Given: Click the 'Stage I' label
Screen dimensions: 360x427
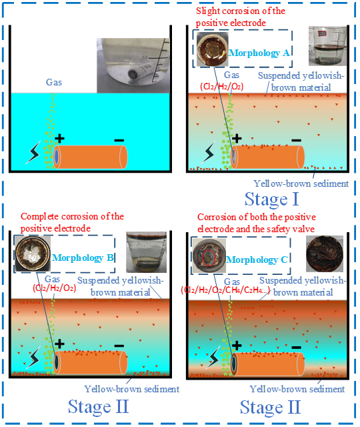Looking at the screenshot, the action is coord(271,199).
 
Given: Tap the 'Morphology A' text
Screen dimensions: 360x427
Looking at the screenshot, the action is coord(259,53).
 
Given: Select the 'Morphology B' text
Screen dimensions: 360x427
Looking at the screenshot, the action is coord(83,258).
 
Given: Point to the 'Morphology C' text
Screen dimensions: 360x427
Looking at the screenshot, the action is coord(257,260).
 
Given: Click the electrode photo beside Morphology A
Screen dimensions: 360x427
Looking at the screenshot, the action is coord(212,49).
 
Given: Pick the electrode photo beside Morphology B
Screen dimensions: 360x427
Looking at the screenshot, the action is coord(33,254).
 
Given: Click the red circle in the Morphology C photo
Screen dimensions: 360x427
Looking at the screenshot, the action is coord(209,257).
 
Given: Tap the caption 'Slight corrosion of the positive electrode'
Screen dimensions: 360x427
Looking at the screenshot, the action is coord(240,17).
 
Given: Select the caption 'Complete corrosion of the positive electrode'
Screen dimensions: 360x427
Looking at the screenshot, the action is coord(72,222).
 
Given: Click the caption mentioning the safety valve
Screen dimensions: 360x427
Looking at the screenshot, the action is coord(256,223).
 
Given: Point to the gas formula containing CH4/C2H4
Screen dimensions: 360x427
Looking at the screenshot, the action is coord(225,290).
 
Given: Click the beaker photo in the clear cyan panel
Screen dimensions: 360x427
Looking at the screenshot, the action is coord(133,65).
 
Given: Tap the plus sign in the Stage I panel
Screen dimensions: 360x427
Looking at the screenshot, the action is coord(237,138).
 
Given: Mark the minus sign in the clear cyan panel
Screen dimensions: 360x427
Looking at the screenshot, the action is coord(119,141).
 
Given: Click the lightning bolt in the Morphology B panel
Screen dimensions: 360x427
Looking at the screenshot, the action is coord(33,358).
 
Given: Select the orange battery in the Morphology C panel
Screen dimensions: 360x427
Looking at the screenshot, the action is coord(267,364).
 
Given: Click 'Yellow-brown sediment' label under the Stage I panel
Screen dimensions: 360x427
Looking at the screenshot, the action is coord(301,183).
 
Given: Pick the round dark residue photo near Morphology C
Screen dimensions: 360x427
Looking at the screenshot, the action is coord(325,254).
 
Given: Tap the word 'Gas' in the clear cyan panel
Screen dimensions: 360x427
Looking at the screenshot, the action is coord(54,82).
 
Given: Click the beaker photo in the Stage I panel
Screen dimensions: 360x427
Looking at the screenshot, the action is coord(327,46).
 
